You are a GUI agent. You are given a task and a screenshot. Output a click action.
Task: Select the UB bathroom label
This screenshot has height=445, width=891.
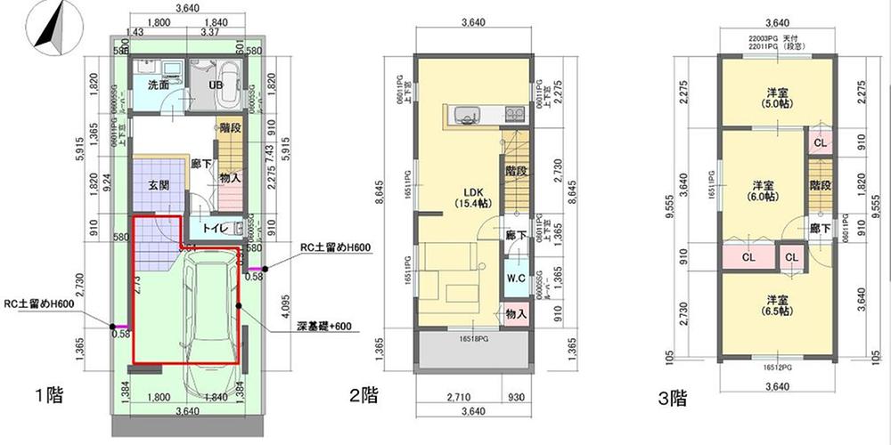tap(216, 85)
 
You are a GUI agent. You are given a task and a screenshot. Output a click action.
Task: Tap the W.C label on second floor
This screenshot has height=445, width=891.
tap(516, 278)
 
